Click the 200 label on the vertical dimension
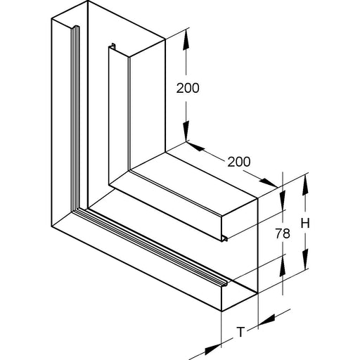tap(188, 89)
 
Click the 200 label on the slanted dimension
tap(239, 162)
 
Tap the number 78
tap(283, 233)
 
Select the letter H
tap(305, 224)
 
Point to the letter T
tap(240, 332)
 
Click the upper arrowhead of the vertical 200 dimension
tap(186, 40)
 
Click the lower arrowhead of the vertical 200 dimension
tap(186, 131)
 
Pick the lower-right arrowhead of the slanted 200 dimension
tap(269, 183)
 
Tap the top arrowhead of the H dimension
tap(305, 185)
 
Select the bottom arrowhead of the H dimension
tap(305, 259)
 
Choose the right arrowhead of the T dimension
tap(266, 320)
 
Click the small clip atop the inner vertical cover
tap(113, 46)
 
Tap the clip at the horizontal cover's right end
tap(225, 239)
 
